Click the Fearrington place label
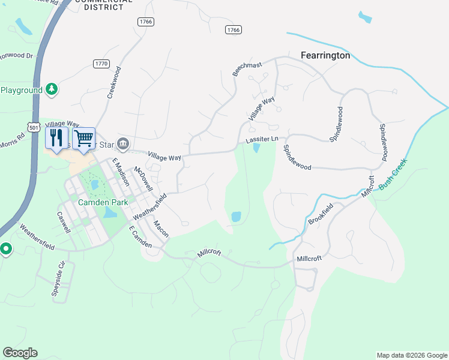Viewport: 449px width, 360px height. click(325, 55)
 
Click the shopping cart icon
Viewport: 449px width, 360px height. click(84, 139)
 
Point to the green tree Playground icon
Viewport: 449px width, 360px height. click(52, 89)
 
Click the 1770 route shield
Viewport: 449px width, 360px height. click(101, 63)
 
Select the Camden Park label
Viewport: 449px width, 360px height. click(103, 202)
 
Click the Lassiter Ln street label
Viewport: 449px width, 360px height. click(262, 139)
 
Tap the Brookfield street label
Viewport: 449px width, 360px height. click(321, 214)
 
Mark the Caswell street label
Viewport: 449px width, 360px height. click(64, 222)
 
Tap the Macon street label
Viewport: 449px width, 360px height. click(161, 228)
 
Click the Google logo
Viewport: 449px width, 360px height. click(20, 353)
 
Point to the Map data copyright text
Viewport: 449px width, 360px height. click(411, 355)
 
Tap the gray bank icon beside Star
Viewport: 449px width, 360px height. click(124, 144)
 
